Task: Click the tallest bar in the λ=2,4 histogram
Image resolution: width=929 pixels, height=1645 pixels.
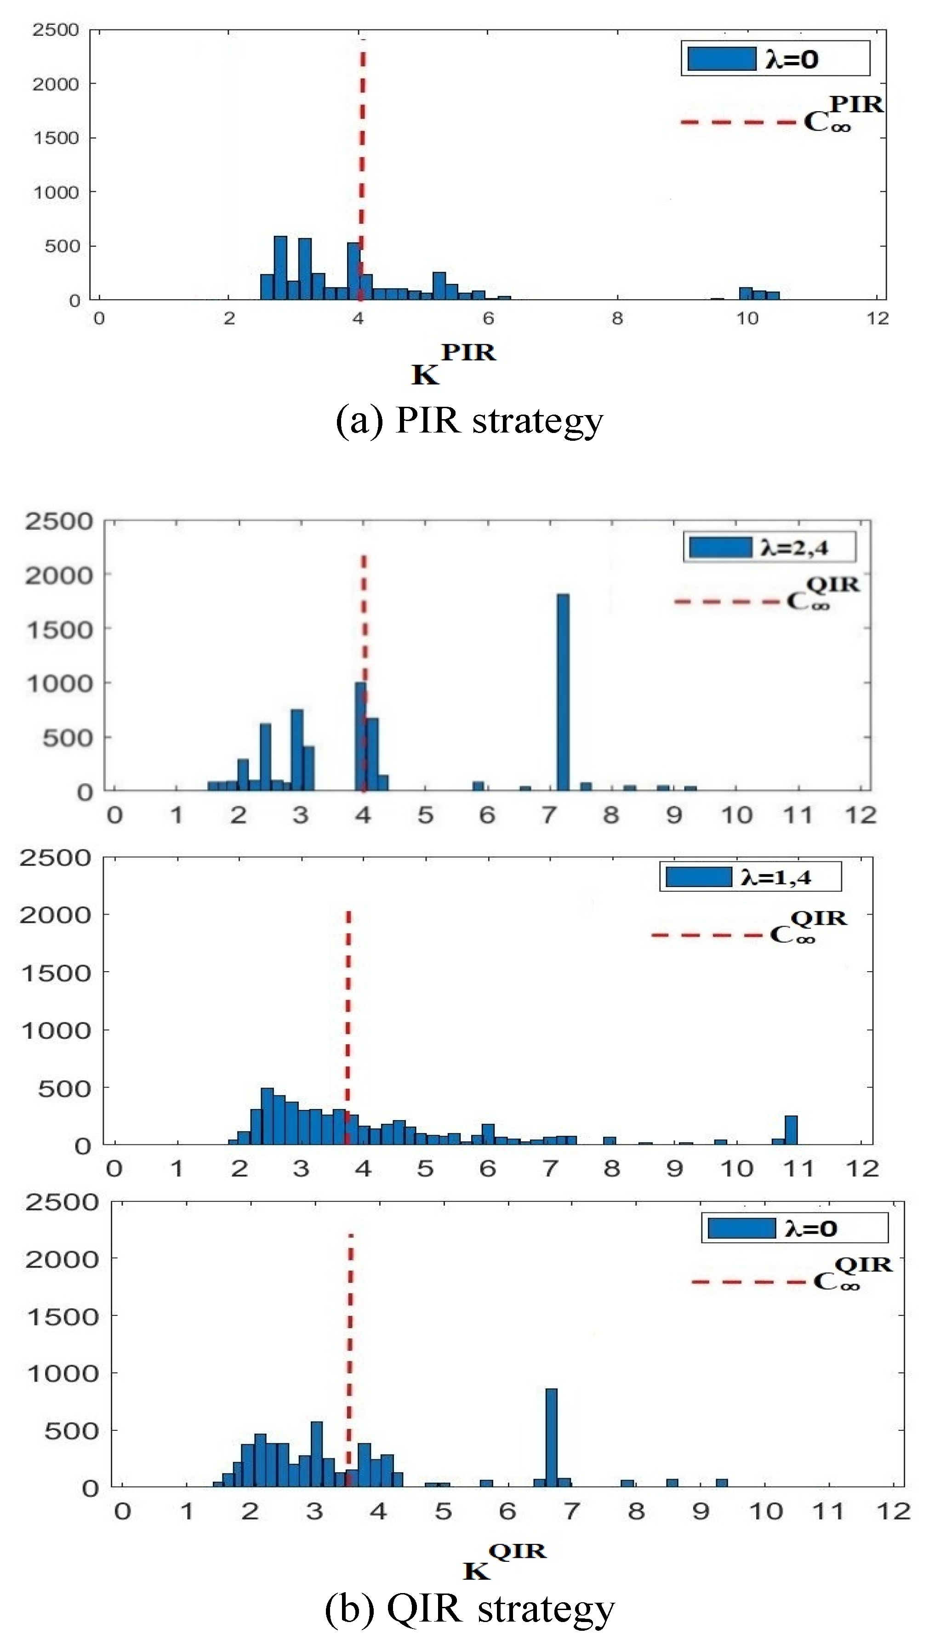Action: [x=563, y=693]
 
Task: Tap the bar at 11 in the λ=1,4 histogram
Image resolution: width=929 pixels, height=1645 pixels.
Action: [x=791, y=1130]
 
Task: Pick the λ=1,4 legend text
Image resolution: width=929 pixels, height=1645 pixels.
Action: [x=776, y=877]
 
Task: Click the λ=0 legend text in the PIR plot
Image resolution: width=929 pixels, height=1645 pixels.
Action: [x=792, y=59]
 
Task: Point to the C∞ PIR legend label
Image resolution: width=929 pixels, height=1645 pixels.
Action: [x=843, y=114]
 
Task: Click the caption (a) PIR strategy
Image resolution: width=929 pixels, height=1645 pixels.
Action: [x=469, y=421]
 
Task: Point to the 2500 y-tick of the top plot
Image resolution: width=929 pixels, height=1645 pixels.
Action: [x=56, y=30]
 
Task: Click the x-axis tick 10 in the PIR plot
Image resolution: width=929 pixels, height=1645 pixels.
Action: [x=747, y=319]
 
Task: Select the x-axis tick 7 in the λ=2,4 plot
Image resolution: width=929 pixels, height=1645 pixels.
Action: [x=549, y=815]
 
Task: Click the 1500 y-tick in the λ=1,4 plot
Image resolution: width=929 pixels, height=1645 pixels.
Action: [x=56, y=973]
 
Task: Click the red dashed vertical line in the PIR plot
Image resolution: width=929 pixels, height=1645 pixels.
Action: [x=362, y=159]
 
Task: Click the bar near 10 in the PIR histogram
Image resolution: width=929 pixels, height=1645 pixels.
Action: [x=746, y=293]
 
